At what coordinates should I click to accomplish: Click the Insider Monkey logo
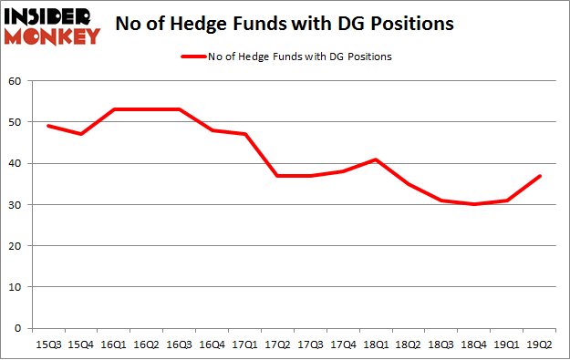pos(52,26)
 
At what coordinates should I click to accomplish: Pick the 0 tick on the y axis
pos(17,328)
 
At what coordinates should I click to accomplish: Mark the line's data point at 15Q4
pos(81,134)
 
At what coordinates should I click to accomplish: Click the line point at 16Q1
pos(114,109)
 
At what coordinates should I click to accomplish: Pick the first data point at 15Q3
pos(47,126)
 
